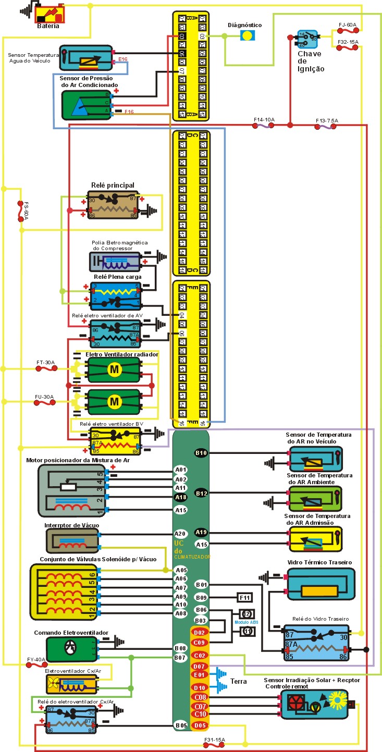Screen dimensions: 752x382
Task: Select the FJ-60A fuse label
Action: tap(347, 24)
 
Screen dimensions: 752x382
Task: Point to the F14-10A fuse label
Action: tap(264, 120)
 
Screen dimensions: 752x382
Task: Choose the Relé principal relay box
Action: tap(113, 204)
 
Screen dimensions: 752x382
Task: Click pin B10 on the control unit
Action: tap(201, 453)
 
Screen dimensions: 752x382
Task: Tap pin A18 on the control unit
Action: tap(181, 497)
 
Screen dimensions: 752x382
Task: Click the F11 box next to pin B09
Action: tap(245, 597)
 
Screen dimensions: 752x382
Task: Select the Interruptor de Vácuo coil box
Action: tap(72, 541)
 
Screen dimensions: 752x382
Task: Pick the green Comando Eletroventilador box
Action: tap(72, 649)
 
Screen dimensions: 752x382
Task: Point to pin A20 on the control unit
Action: tap(181, 534)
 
